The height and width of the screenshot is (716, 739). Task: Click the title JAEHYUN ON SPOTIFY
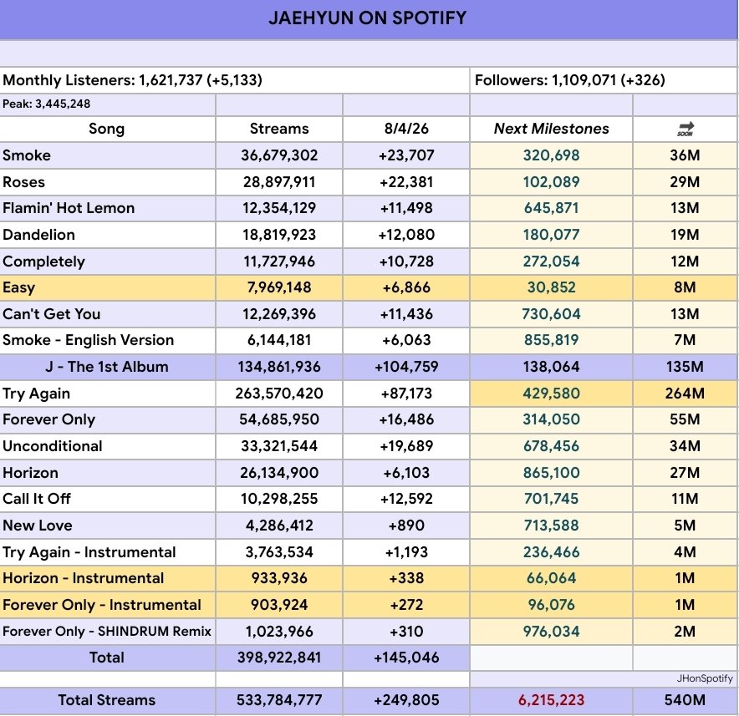coord(368,18)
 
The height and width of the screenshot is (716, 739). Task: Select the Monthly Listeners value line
coord(132,81)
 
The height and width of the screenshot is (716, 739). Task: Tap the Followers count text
coord(570,81)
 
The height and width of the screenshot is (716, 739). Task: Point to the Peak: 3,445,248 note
coord(47,104)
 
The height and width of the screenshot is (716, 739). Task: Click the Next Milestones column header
coord(551,129)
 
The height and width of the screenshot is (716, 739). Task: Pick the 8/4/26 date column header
coord(405,129)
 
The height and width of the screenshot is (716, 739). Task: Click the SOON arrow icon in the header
coord(685,129)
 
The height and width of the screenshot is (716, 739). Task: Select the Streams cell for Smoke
coord(279,155)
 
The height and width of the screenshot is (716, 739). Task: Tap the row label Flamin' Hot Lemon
coord(69,208)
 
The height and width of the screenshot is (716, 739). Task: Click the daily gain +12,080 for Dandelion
coord(405,235)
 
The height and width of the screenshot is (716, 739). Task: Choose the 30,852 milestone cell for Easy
coord(551,287)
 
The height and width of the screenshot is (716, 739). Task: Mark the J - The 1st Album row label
coord(107,367)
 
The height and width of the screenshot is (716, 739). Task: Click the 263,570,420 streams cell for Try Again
coord(279,394)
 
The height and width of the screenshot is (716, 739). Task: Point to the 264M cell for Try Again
coord(685,394)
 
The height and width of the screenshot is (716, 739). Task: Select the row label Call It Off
coord(37,499)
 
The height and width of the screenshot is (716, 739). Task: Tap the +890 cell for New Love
coord(405,526)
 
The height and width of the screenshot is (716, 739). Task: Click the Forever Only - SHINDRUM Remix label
coord(106,632)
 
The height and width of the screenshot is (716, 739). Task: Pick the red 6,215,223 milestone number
coord(551,700)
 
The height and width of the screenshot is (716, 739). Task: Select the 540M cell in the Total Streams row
coord(685,700)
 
